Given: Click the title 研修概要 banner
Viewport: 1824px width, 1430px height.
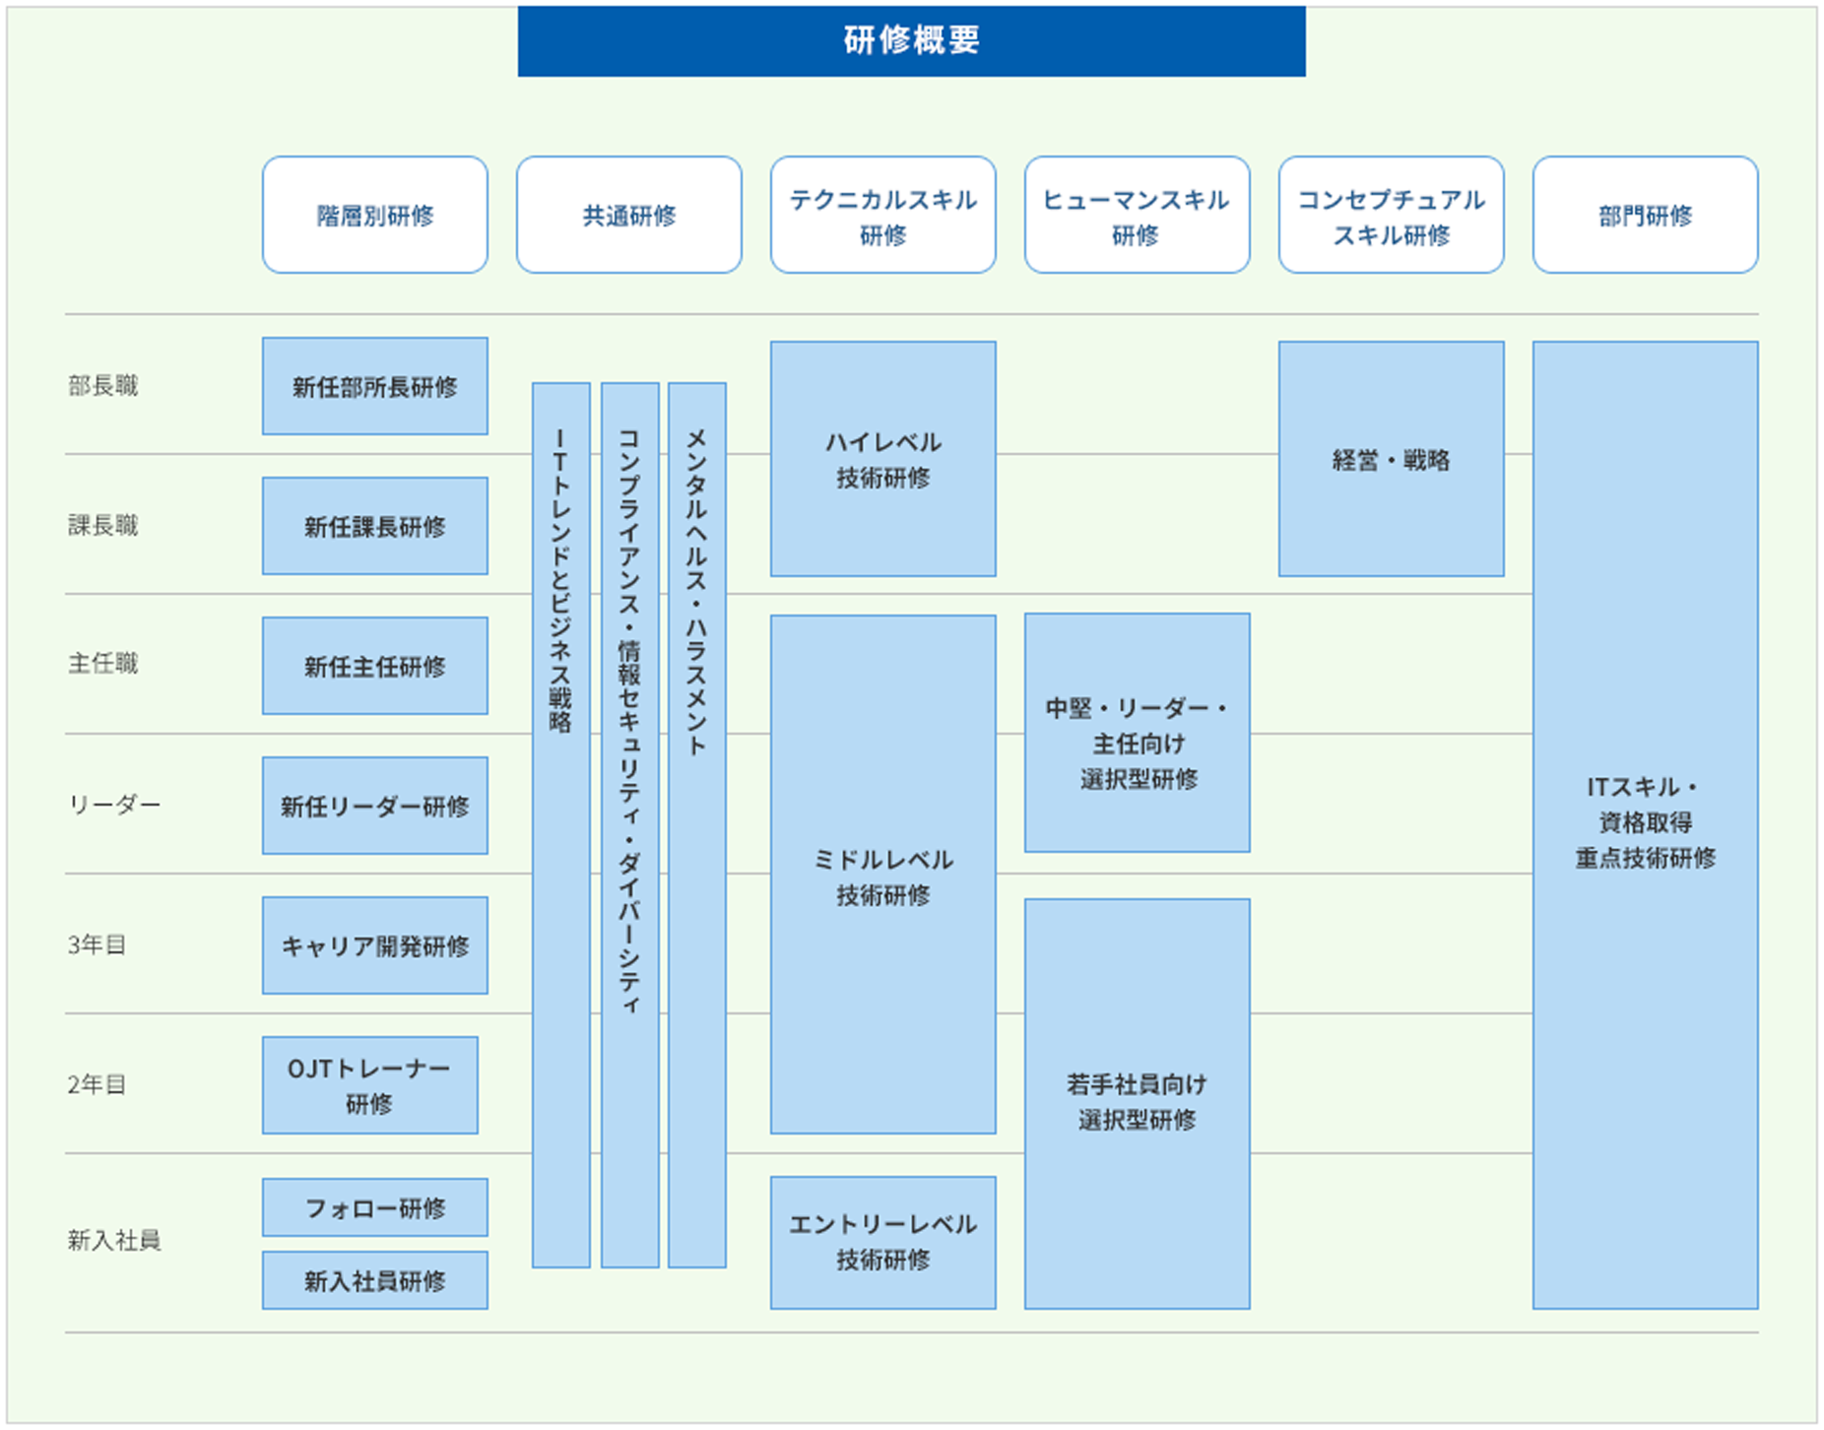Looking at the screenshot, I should tap(911, 40).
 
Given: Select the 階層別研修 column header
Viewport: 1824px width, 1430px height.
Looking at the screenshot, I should tap(374, 215).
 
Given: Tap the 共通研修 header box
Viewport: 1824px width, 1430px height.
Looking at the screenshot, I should tap(628, 215).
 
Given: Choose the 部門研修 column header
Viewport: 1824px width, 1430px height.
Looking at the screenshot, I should tap(1645, 215).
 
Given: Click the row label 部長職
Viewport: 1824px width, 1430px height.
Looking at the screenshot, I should tap(103, 385).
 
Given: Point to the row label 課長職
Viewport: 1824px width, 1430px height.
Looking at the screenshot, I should tap(103, 525).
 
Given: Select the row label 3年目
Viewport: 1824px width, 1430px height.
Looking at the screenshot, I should tap(97, 944).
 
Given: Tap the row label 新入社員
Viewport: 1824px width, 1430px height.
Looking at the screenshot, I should tap(113, 1240).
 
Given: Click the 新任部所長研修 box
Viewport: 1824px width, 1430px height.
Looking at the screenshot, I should tap(374, 386).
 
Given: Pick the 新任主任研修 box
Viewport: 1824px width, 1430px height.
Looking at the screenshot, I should tap(374, 666).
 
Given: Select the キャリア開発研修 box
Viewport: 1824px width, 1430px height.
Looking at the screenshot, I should tap(374, 945).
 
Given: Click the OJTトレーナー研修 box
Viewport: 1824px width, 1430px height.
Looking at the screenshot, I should tap(369, 1085).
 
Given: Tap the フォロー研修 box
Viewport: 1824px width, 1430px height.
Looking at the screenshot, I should tap(374, 1207).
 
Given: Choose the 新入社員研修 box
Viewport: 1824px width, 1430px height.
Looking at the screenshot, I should tap(374, 1280).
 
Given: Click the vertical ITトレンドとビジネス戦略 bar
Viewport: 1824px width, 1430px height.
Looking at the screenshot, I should tap(560, 824).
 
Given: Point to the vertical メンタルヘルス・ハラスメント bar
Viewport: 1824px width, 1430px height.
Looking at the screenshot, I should tap(696, 824).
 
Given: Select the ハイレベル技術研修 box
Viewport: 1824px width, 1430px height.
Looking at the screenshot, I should tap(882, 459).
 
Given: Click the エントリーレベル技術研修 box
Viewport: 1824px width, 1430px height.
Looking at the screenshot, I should tap(882, 1242).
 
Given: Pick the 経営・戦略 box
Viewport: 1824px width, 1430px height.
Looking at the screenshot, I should tap(1391, 459).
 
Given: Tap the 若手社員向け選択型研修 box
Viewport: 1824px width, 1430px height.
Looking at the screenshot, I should tap(1137, 1103).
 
